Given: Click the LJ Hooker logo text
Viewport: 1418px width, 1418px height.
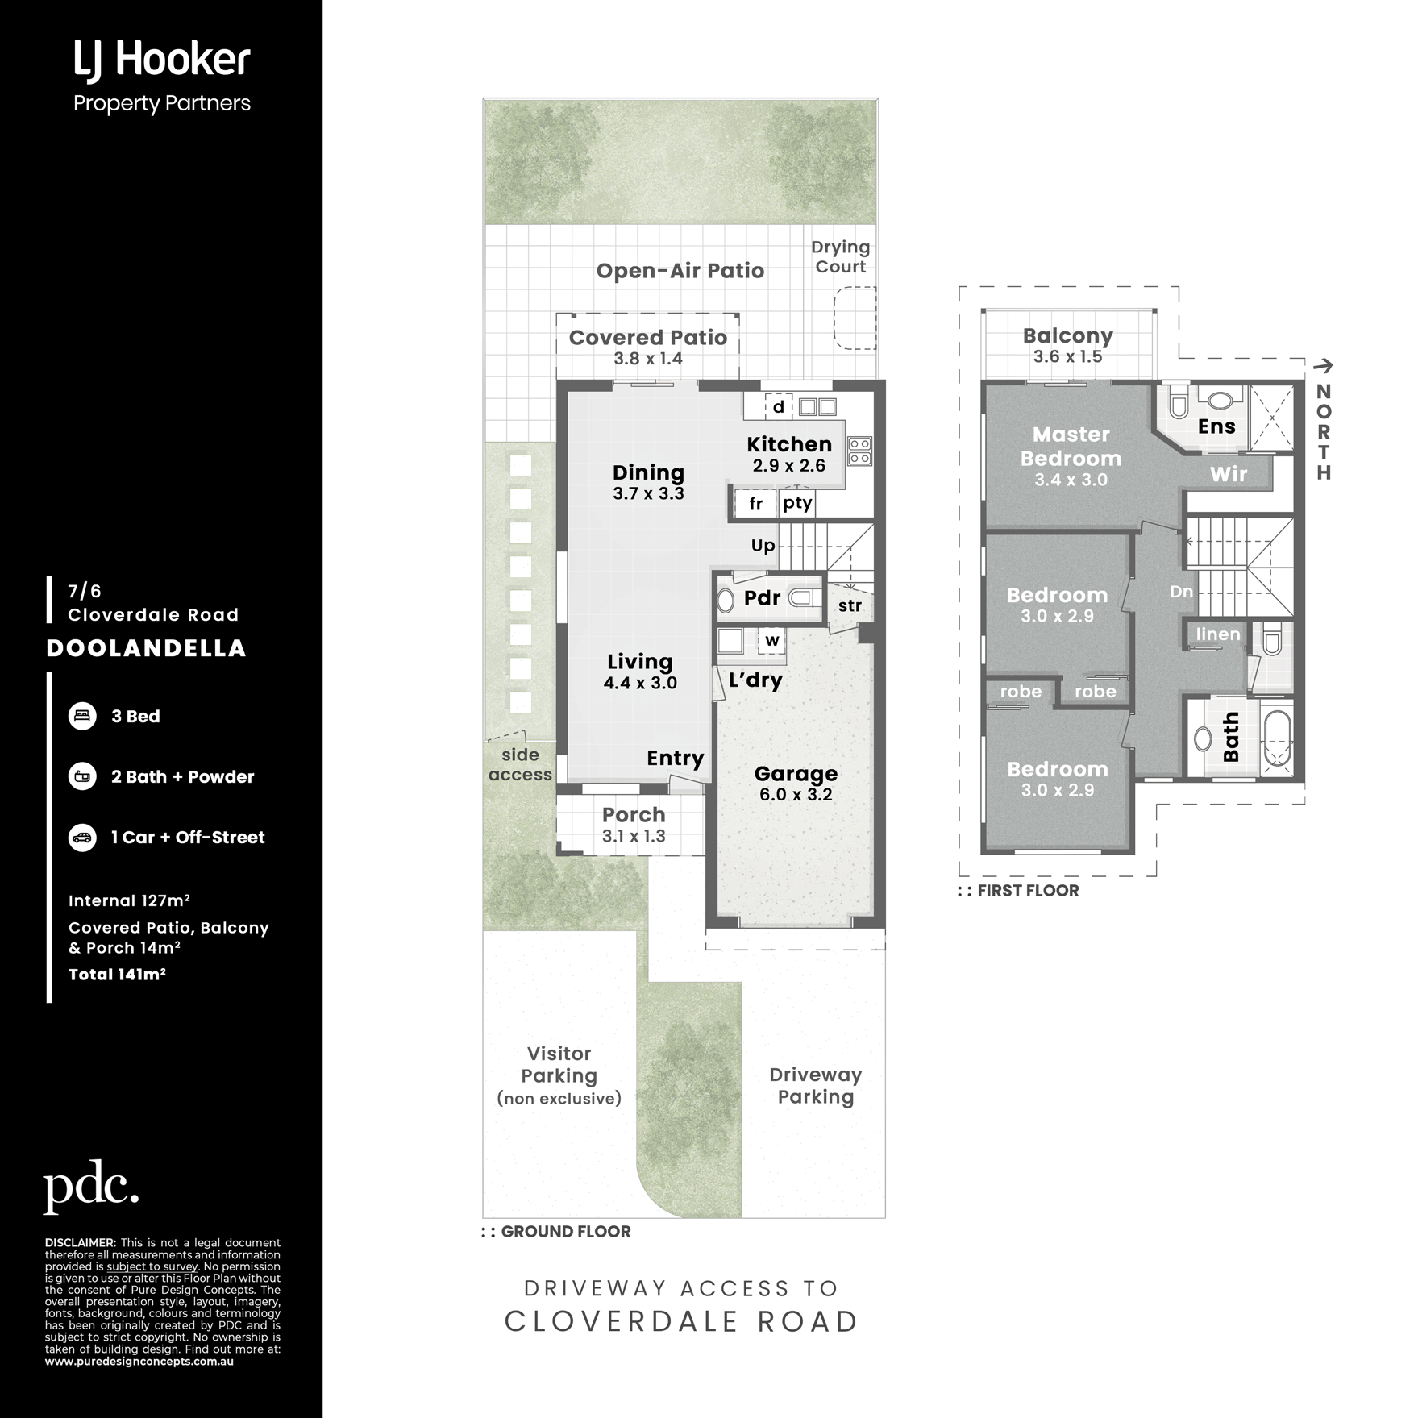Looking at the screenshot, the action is tap(162, 61).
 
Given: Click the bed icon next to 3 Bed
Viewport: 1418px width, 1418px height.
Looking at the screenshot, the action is tap(82, 716).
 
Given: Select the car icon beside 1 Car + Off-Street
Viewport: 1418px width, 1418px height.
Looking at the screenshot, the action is tap(82, 837).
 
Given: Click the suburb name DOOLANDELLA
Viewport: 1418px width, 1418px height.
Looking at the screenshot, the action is tap(146, 648).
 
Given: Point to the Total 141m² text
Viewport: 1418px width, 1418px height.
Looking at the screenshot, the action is tap(117, 974).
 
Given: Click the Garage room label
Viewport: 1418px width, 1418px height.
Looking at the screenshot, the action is tap(796, 774).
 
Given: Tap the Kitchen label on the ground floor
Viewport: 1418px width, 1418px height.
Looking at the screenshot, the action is tap(789, 444).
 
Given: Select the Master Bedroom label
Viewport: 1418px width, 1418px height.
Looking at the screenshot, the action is tap(1071, 447).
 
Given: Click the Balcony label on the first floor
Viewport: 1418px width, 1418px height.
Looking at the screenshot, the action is tap(1067, 335).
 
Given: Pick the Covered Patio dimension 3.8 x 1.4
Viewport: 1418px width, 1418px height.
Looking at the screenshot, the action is tap(648, 359).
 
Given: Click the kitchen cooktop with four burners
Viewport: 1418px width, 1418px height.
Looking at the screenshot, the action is tap(859, 451).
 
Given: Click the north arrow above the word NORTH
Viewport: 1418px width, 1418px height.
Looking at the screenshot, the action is tap(1323, 366).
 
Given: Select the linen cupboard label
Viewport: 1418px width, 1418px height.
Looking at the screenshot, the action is tap(1217, 634).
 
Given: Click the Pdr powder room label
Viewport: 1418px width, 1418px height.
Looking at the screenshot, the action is tap(762, 598).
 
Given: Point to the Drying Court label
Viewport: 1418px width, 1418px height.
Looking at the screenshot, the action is tap(840, 257).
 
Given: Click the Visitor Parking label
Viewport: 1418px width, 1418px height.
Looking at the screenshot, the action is tap(559, 1065).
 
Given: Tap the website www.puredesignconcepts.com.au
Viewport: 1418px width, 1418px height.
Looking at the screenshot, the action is tap(139, 1361).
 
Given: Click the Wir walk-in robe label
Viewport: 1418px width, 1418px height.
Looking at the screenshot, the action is tap(1228, 475).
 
